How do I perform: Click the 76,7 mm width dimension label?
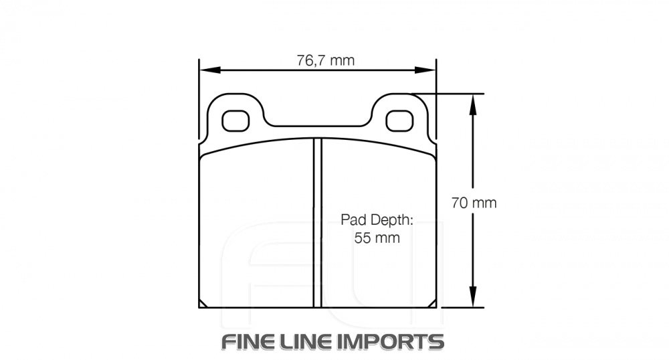(325, 60)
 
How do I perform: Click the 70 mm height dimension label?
(474, 203)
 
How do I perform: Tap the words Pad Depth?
(377, 219)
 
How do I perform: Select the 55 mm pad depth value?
(377, 238)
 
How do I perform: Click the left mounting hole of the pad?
(235, 120)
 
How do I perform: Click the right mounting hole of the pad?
(400, 120)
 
